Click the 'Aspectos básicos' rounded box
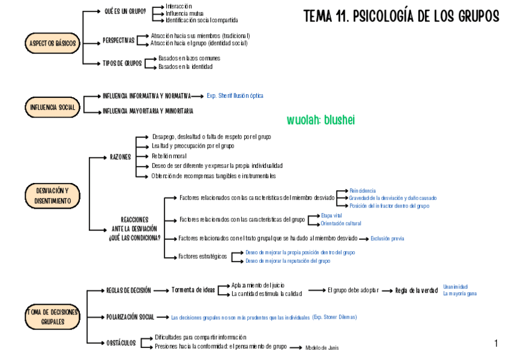(x=53, y=44)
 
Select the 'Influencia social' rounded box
(x=53, y=107)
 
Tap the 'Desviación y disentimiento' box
(x=53, y=196)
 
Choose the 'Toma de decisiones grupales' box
(x=53, y=317)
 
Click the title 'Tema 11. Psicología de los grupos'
(x=401, y=17)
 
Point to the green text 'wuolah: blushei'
(x=321, y=120)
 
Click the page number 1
(x=496, y=343)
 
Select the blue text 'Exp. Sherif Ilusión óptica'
(x=235, y=95)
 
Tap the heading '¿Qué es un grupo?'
(x=125, y=11)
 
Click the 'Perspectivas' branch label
(x=118, y=40)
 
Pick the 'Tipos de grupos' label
(x=122, y=63)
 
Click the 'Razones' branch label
(x=120, y=157)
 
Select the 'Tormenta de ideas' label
(x=193, y=290)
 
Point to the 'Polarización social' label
(x=130, y=317)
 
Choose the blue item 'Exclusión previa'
(x=387, y=238)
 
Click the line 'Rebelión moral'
(x=169, y=155)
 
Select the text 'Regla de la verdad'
(x=416, y=291)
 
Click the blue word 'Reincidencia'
(x=363, y=190)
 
